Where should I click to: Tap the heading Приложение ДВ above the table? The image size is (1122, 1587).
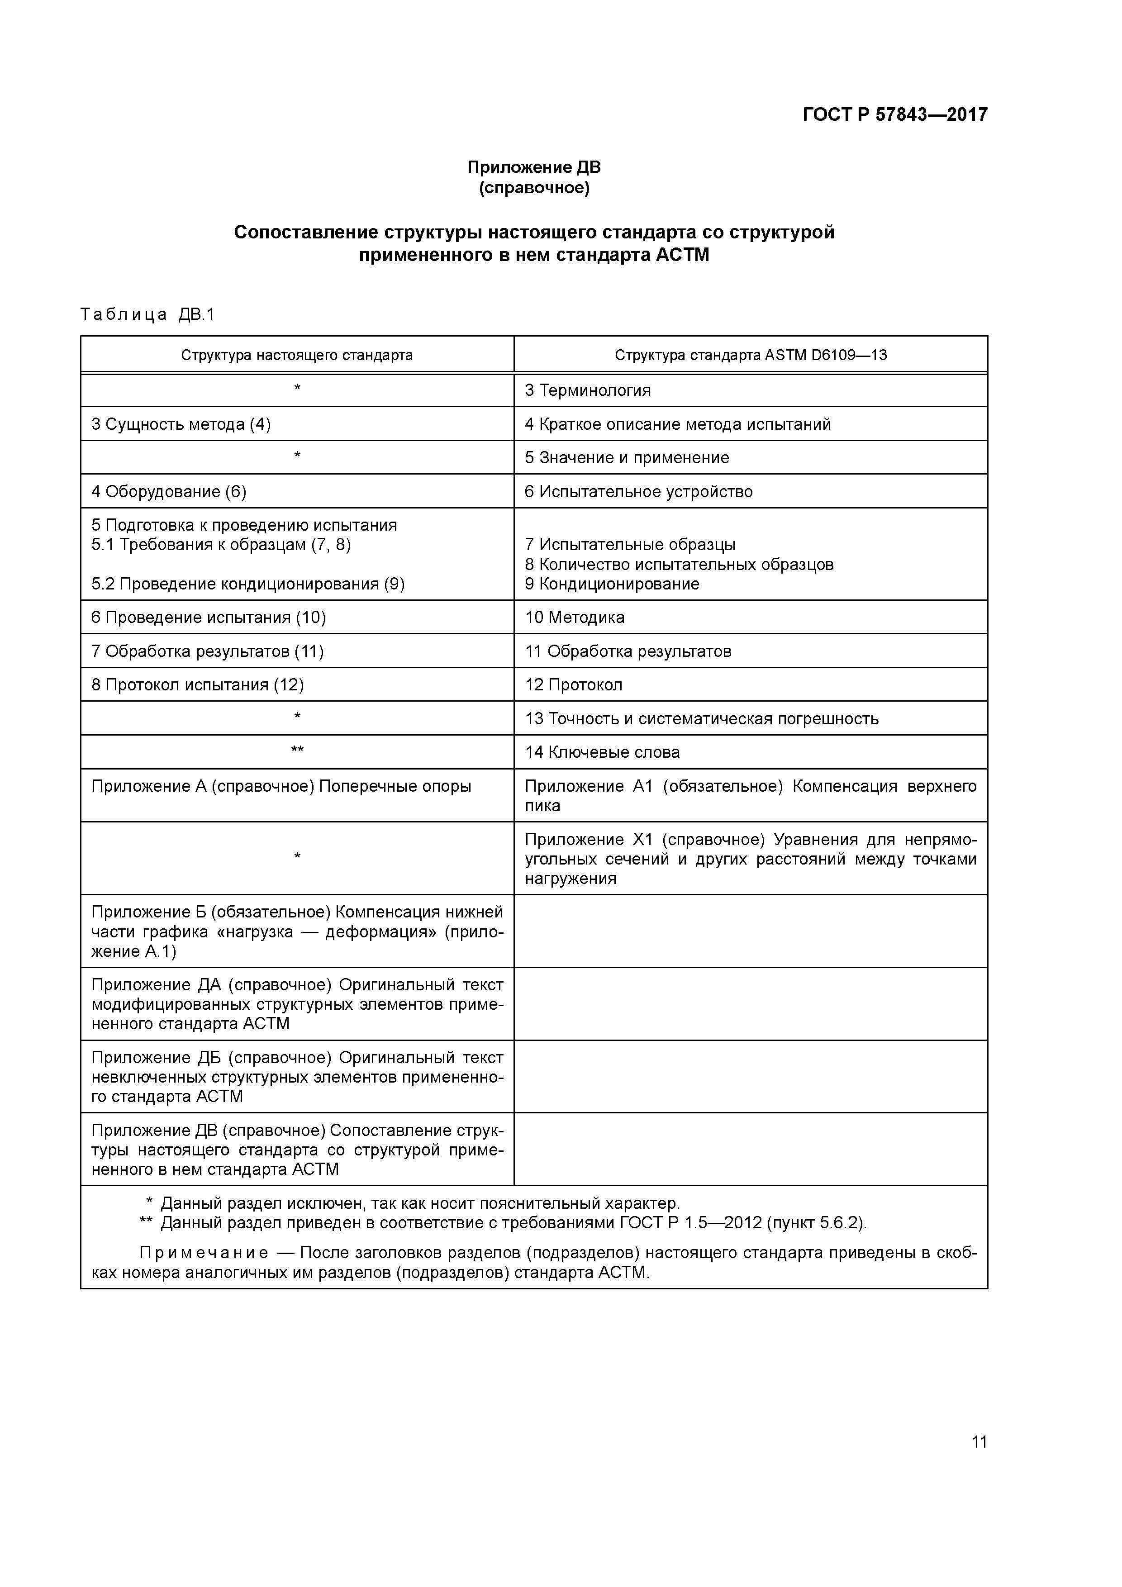point(534,167)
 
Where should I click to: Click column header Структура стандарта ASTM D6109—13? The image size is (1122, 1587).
point(750,355)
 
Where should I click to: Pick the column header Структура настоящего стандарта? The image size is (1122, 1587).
point(297,355)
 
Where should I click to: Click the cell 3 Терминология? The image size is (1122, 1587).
point(588,390)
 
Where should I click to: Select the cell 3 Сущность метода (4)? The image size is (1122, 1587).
point(181,424)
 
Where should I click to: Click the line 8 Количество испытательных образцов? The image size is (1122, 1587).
point(679,565)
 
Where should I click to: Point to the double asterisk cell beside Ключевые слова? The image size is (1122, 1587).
point(297,751)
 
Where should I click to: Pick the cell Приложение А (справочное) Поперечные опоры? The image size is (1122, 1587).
point(281,787)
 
